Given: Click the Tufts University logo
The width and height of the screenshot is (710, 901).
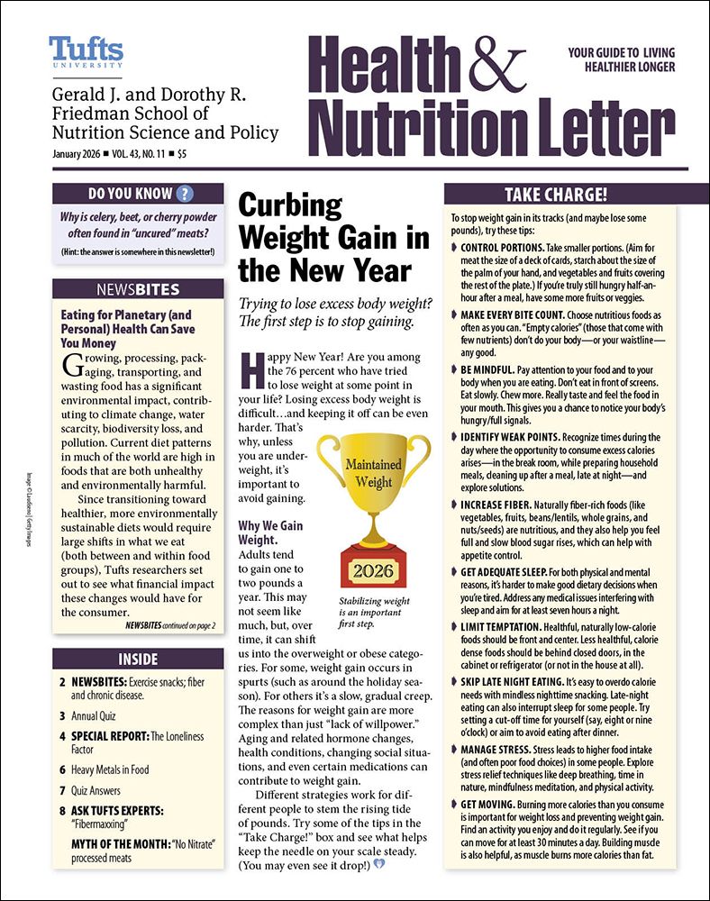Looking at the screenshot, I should coord(86,51).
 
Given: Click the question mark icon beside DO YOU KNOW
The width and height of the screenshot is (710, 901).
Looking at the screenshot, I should coord(185,193).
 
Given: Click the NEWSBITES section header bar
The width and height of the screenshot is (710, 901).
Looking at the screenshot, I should coord(137,289).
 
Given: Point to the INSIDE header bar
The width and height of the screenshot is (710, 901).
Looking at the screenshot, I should coord(137,659).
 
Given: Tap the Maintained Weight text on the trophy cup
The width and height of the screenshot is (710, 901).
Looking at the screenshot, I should coord(373,473).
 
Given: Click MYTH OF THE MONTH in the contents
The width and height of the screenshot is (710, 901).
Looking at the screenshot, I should coord(121,842).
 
